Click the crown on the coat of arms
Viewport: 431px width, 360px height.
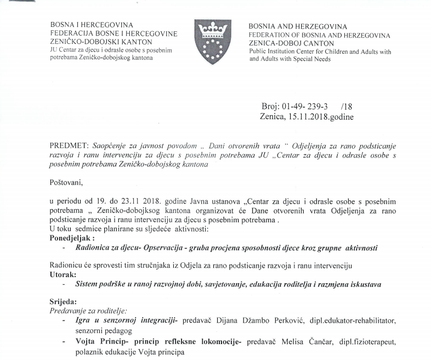[213, 29]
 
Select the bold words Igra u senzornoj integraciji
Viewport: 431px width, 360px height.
[124, 320]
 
